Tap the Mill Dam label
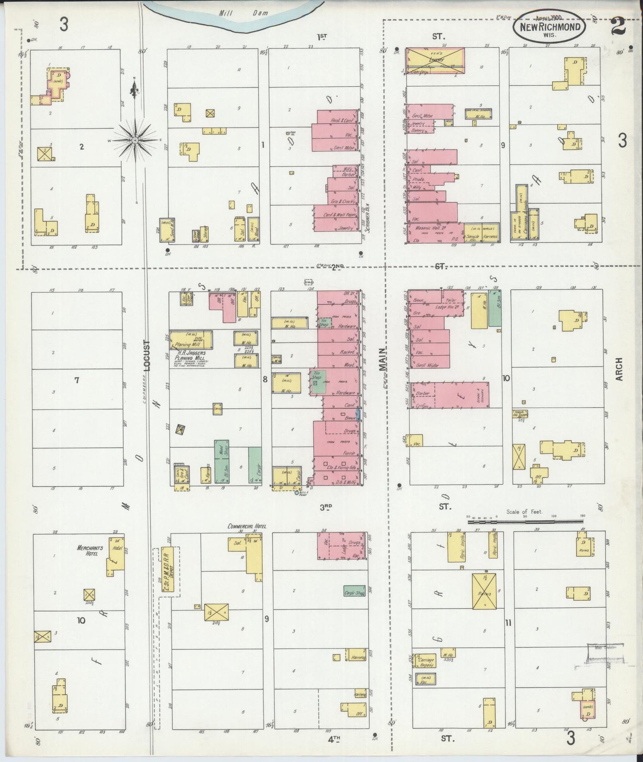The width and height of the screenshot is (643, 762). click(x=244, y=13)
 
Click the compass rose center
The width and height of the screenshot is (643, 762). click(x=134, y=140)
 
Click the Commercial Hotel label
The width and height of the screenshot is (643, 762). click(x=247, y=526)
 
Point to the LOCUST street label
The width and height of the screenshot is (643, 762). click(x=147, y=356)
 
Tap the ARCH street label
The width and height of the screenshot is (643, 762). click(x=619, y=369)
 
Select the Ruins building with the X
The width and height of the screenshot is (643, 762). click(x=484, y=591)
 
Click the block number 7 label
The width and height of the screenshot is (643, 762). click(x=77, y=380)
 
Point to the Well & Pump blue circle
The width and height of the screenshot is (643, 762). click(x=297, y=493)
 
